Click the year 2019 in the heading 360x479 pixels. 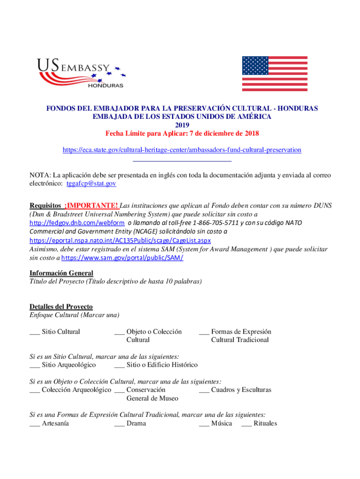coord(182,125)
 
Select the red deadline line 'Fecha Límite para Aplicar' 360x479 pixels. coord(182,134)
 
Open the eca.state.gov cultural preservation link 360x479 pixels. coord(182,150)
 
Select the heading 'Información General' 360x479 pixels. coord(61,273)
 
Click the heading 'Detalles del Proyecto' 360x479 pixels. coord(61,307)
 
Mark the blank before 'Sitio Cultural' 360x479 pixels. coord(34,333)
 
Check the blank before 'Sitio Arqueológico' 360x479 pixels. coord(34,365)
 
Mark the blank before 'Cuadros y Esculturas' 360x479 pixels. coord(204,391)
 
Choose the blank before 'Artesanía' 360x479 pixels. coord(34,424)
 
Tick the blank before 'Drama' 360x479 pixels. coord(119,424)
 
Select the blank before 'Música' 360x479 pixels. coord(204,424)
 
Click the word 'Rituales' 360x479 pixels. coord(265,424)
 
